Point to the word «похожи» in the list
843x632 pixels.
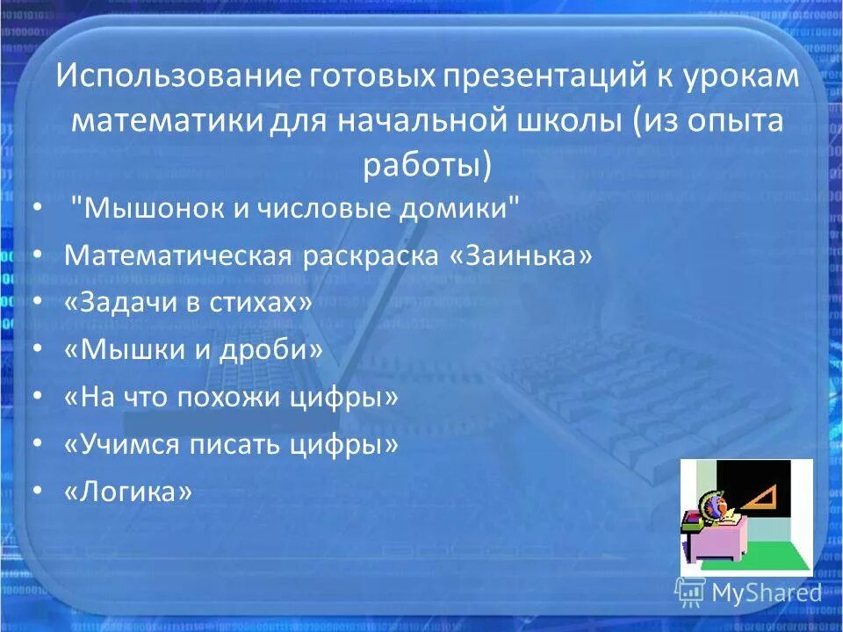(231, 397)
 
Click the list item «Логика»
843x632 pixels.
(128, 492)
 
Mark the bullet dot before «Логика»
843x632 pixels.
(36, 492)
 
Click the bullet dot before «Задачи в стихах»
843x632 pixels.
(36, 303)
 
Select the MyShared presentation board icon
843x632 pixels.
(690, 592)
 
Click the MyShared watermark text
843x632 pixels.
(766, 592)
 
